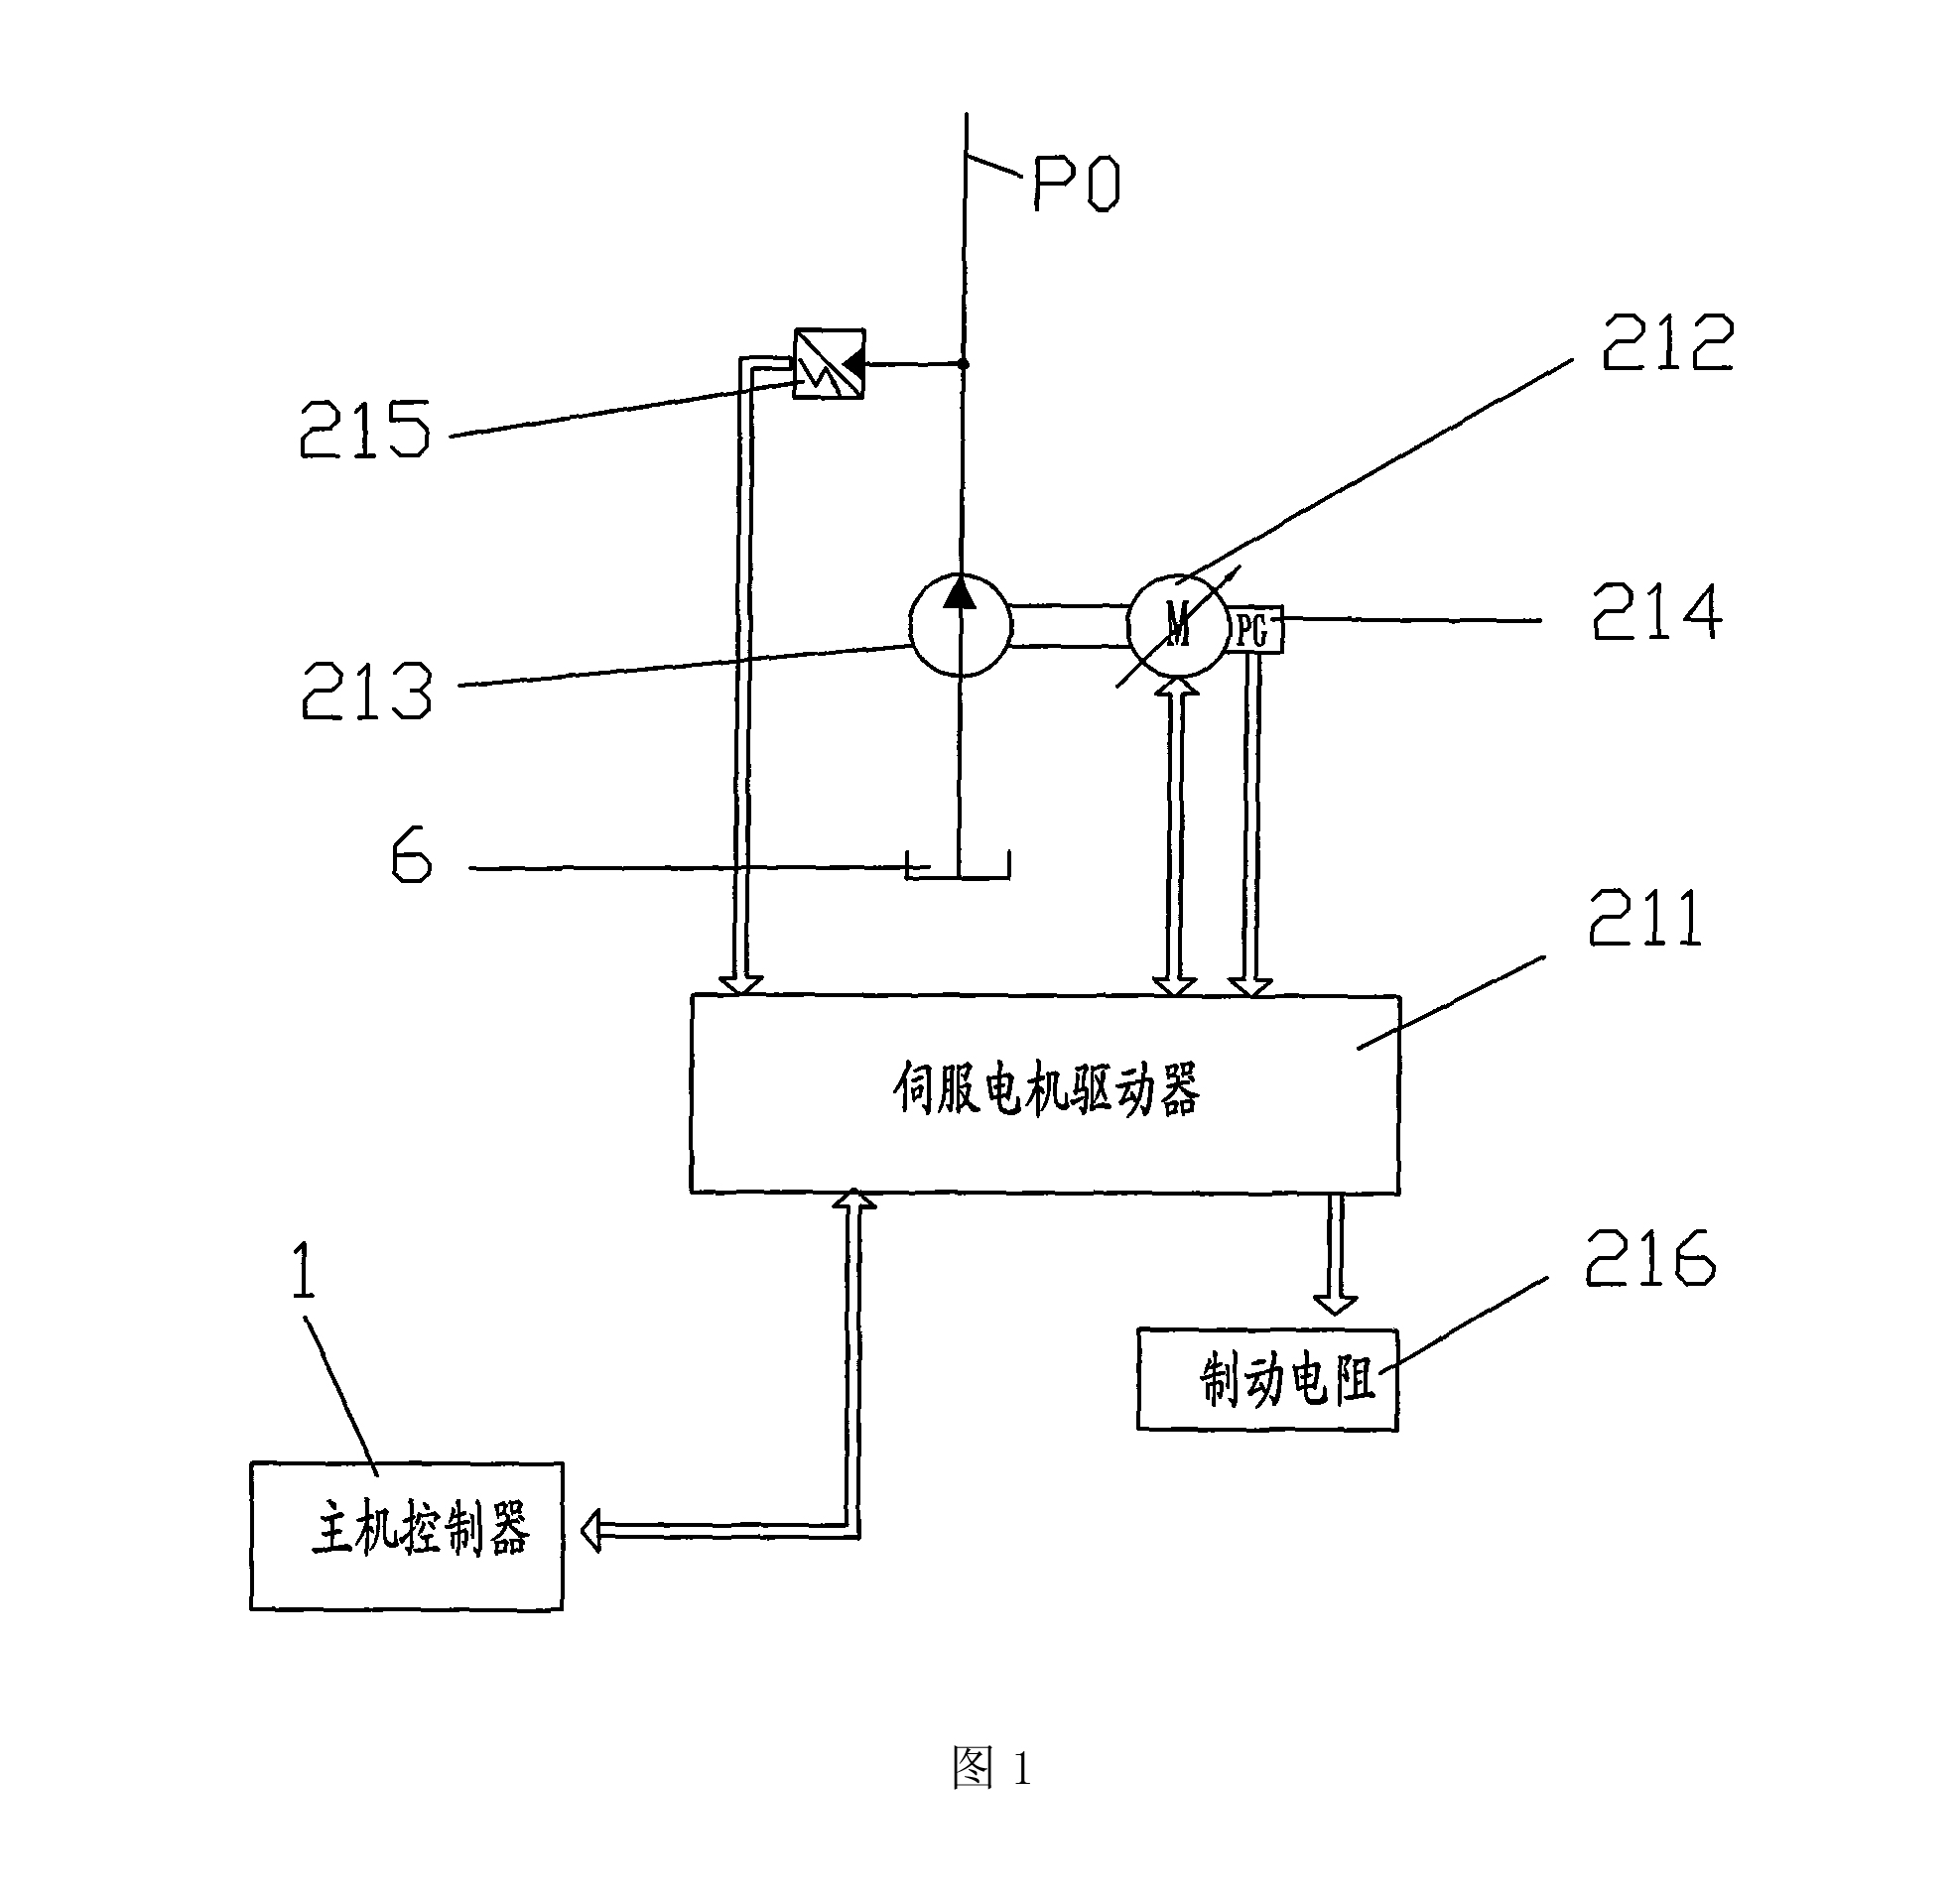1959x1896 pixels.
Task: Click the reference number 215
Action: click(365, 429)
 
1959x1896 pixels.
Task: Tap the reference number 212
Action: click(1667, 342)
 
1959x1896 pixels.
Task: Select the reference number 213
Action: click(367, 691)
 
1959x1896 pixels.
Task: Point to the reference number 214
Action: click(1657, 612)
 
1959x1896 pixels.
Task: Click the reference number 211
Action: click(1645, 918)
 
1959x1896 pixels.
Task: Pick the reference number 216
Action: click(1650, 1256)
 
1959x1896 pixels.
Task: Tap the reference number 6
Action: click(412, 854)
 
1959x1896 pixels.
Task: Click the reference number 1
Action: click(304, 1269)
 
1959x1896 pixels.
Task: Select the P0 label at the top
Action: click(1077, 184)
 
